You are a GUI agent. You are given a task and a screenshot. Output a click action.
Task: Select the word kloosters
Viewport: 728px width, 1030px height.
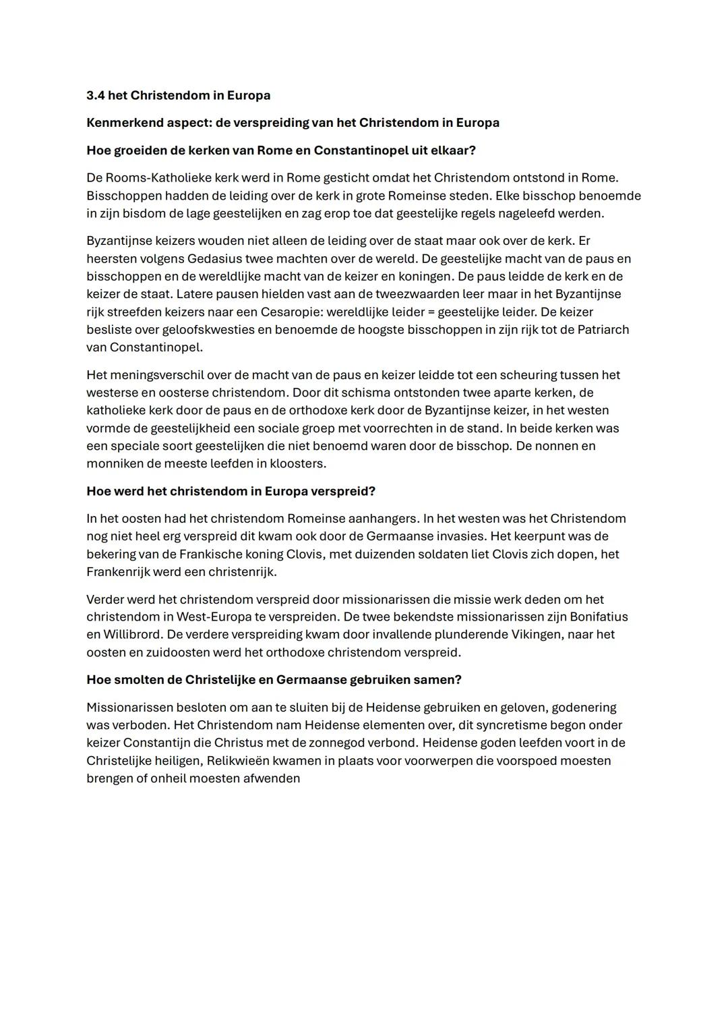(x=297, y=463)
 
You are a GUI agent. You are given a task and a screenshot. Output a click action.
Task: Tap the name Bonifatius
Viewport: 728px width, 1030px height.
(x=599, y=617)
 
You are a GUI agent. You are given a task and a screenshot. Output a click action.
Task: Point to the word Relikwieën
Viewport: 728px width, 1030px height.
(x=241, y=760)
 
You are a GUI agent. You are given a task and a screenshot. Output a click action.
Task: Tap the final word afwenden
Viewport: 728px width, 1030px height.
(x=272, y=778)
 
